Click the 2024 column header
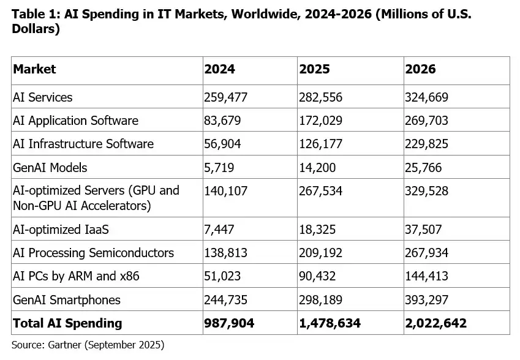click(x=219, y=69)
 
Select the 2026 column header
click(x=420, y=69)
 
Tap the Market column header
click(x=34, y=69)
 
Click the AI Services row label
click(x=43, y=97)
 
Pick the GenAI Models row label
click(x=50, y=167)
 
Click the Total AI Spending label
click(x=67, y=323)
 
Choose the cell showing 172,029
click(x=321, y=121)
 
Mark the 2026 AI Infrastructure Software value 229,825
click(x=427, y=144)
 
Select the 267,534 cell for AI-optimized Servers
click(x=321, y=190)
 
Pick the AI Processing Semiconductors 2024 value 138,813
click(x=226, y=253)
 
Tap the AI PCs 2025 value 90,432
click(x=318, y=276)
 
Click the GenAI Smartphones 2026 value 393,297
click(x=427, y=299)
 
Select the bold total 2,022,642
click(x=436, y=323)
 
